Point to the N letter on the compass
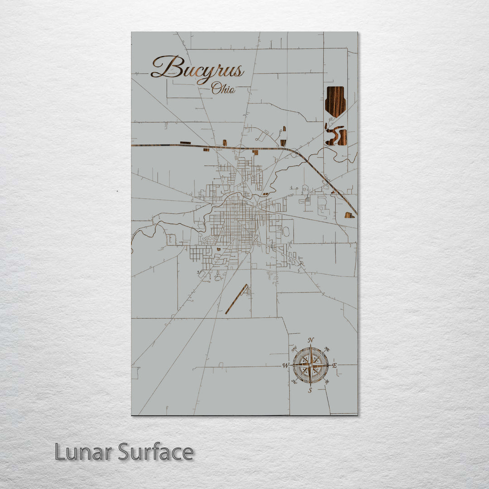311,340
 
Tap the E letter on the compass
335,365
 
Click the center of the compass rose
310,365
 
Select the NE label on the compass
327,349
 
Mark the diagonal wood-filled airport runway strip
237,299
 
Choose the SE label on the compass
327,382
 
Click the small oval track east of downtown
286,231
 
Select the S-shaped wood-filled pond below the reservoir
336,135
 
